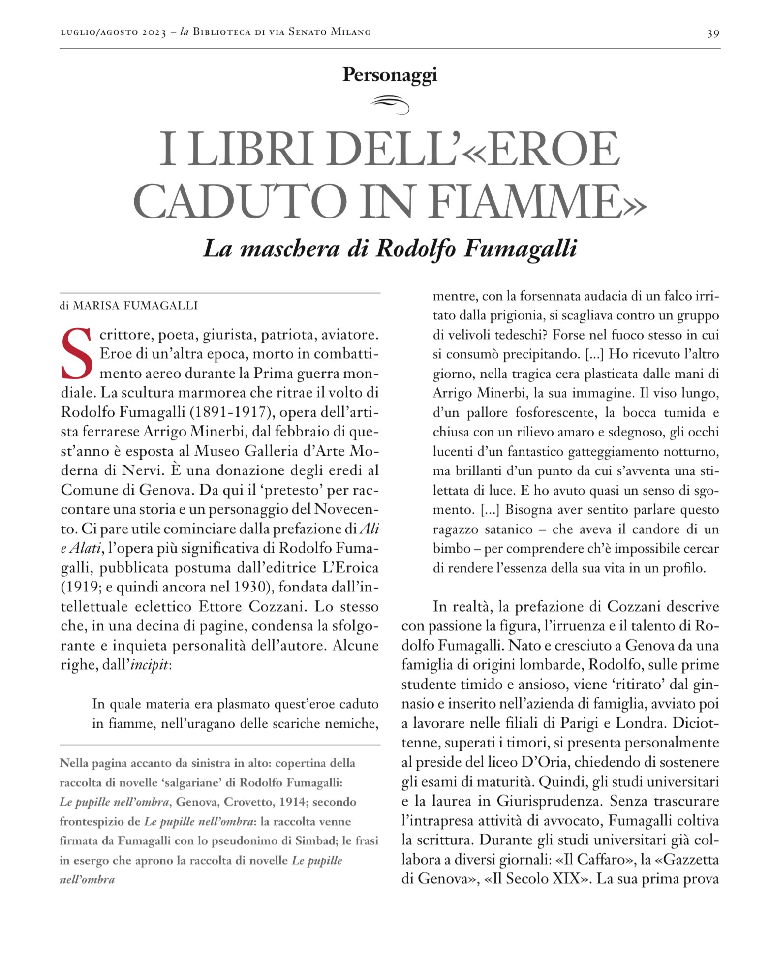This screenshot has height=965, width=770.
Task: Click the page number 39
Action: pyautogui.click(x=713, y=33)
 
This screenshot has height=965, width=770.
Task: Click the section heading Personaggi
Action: pyautogui.click(x=390, y=74)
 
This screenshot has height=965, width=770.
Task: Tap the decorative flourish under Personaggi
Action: pyautogui.click(x=390, y=104)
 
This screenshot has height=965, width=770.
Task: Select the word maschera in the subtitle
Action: pyautogui.click(x=290, y=249)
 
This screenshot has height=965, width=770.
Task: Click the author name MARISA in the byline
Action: pyautogui.click(x=96, y=306)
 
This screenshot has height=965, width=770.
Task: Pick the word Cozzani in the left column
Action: pyautogui.click(x=279, y=607)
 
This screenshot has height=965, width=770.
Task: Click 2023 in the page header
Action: pyautogui.click(x=154, y=33)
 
